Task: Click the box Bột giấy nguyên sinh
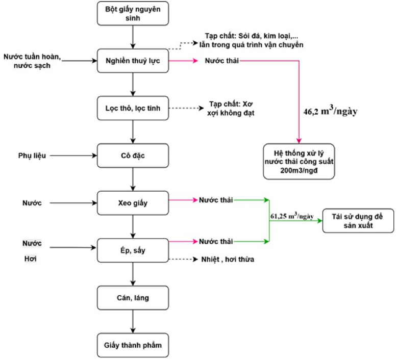pos(133,14)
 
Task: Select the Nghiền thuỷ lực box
pos(133,61)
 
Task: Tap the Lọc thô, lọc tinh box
pos(133,108)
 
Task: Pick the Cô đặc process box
pos(133,155)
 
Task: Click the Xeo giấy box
pos(133,203)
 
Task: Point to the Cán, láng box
pos(133,298)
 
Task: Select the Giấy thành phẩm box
pos(133,345)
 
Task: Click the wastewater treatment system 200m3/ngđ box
pos(299,162)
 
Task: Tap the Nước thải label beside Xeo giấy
pos(216,200)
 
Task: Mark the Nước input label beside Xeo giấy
pos(32,203)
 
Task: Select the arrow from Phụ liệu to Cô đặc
pos(73,155)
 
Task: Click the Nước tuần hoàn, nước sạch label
pos(32,61)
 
